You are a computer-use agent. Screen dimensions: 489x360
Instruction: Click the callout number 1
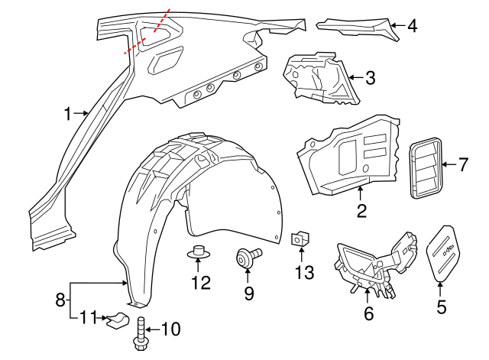[x=68, y=114]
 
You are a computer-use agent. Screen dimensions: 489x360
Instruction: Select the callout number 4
[x=413, y=26]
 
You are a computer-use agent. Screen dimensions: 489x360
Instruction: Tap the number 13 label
[x=304, y=272]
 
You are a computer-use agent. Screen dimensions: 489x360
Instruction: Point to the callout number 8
[x=60, y=300]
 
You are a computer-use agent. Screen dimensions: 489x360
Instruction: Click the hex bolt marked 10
[x=141, y=333]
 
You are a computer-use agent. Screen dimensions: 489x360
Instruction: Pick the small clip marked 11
[x=118, y=320]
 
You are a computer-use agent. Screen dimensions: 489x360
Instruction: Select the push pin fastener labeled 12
[x=198, y=252]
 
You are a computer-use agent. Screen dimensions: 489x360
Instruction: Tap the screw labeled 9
[x=248, y=258]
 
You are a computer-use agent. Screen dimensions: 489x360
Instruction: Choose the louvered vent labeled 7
[x=426, y=167]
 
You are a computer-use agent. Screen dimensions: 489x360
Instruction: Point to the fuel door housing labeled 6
[x=375, y=265]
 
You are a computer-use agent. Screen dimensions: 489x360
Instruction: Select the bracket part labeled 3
[x=321, y=78]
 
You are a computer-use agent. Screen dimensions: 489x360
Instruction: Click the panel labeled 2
[x=349, y=155]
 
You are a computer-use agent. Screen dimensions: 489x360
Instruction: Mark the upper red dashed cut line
[x=162, y=21]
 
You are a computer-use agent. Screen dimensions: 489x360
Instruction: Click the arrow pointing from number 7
[x=449, y=164]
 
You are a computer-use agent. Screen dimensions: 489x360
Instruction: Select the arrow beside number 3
[x=356, y=77]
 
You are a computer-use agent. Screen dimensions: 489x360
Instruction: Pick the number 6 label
[x=369, y=313]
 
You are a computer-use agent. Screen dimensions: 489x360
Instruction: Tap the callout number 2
[x=361, y=211]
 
